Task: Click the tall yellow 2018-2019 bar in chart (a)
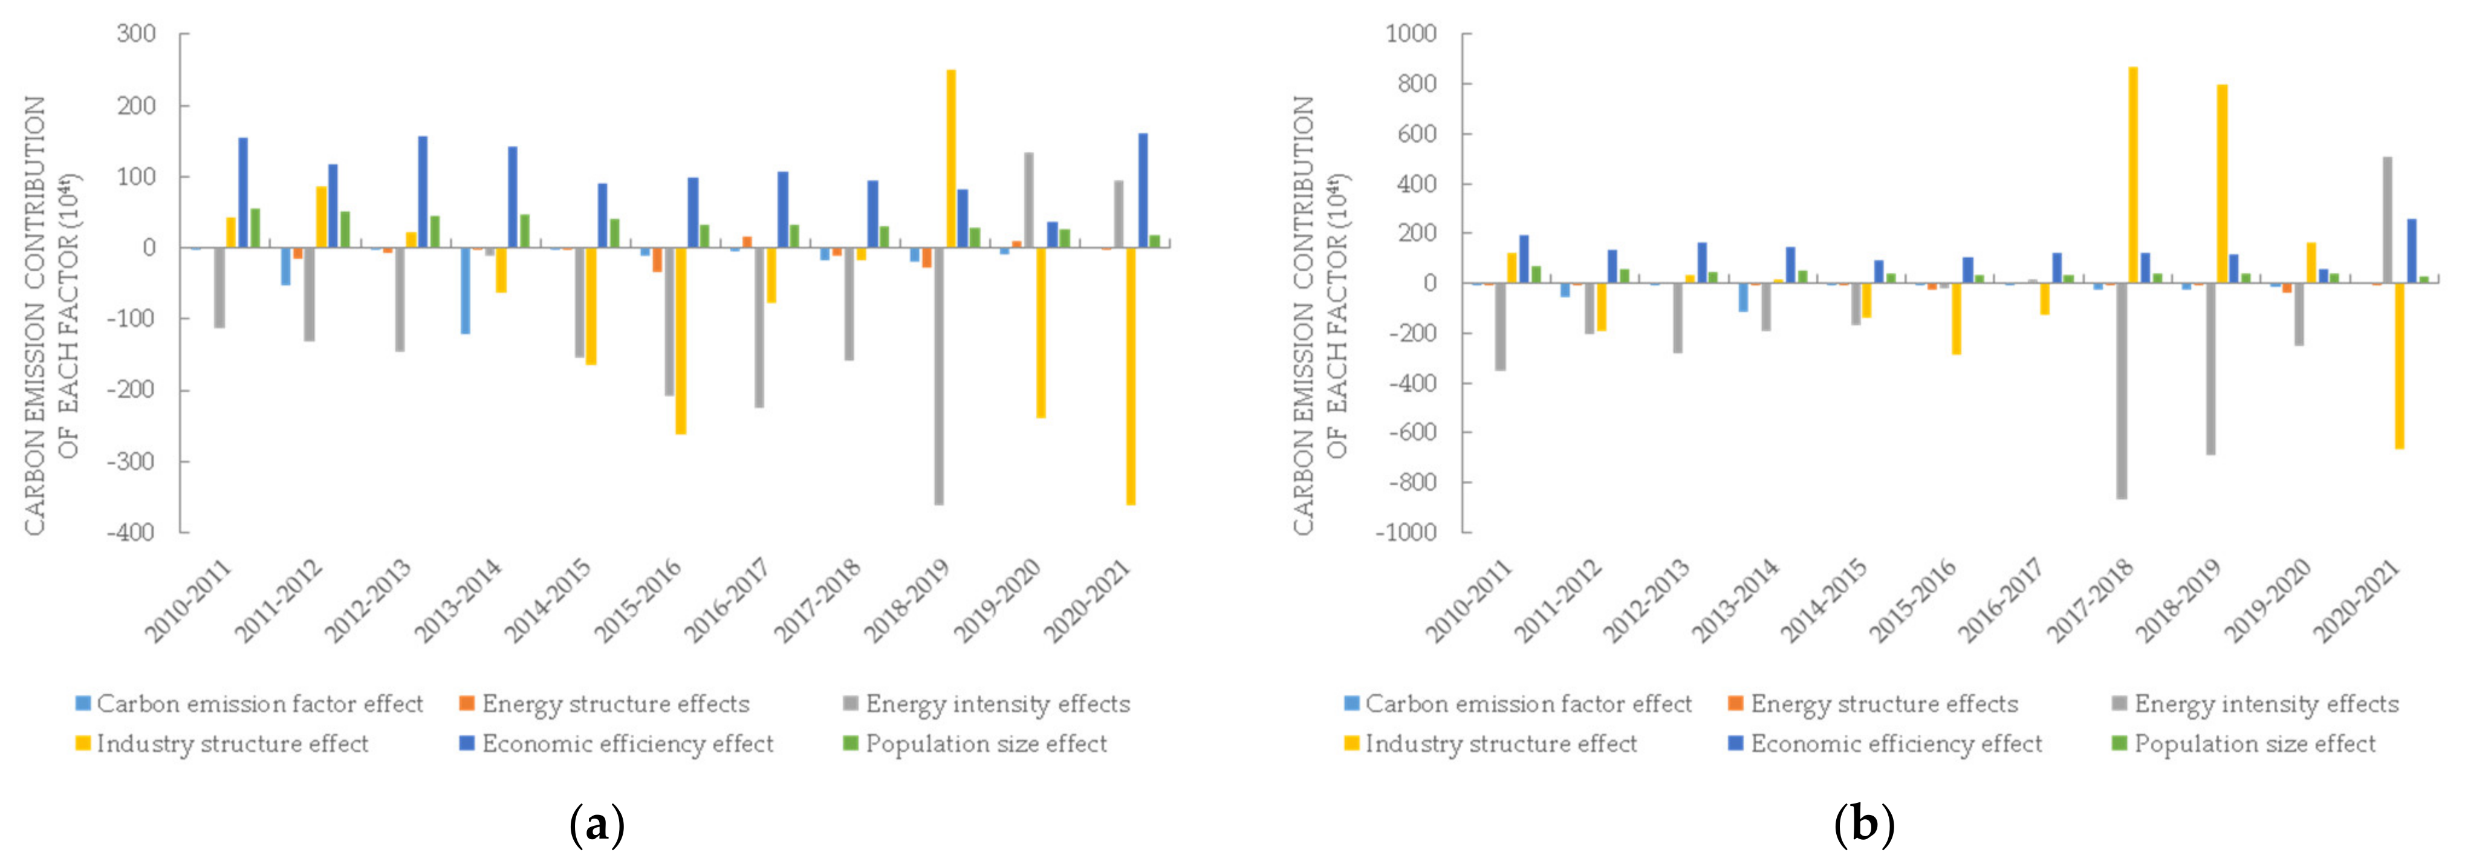(951, 158)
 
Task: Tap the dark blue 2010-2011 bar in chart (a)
(243, 192)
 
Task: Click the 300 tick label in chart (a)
(136, 33)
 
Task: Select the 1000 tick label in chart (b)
(1411, 33)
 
